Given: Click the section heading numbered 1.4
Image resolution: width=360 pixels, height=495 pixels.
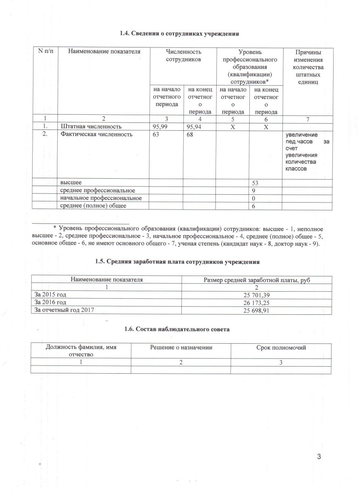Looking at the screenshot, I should pyautogui.click(x=180, y=33).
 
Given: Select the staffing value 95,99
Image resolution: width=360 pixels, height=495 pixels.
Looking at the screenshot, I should pyautogui.click(x=161, y=127).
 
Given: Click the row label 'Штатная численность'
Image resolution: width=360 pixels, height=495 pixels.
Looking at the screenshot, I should pyautogui.click(x=91, y=127).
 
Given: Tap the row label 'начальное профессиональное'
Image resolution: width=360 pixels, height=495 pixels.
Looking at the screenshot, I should pyautogui.click(x=101, y=198).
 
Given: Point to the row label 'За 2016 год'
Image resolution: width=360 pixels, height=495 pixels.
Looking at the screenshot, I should pyautogui.click(x=49, y=303).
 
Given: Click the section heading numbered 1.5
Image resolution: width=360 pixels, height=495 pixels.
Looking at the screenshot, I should pyautogui.click(x=180, y=262).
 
